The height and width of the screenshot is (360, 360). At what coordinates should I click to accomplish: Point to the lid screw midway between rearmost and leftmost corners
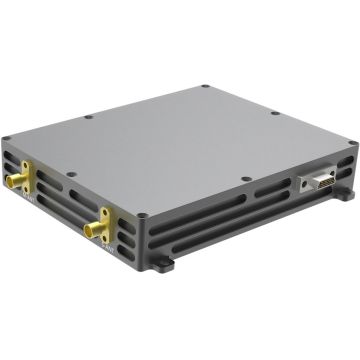92,116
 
